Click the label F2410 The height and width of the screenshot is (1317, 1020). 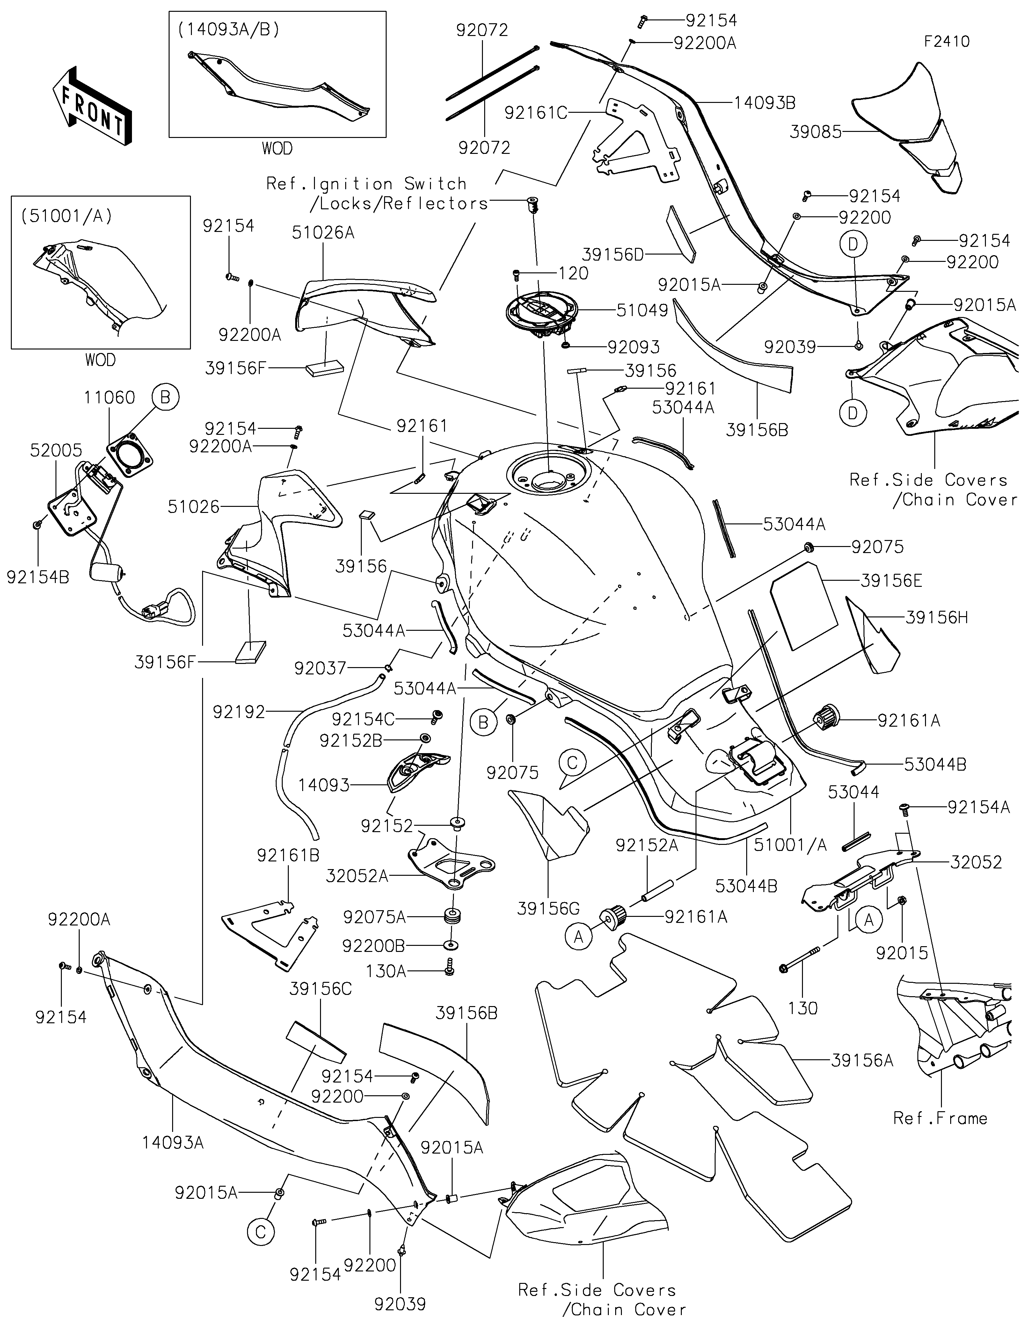click(x=946, y=42)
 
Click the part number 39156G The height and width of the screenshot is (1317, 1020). click(x=548, y=908)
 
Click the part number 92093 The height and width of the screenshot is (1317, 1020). click(x=633, y=347)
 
